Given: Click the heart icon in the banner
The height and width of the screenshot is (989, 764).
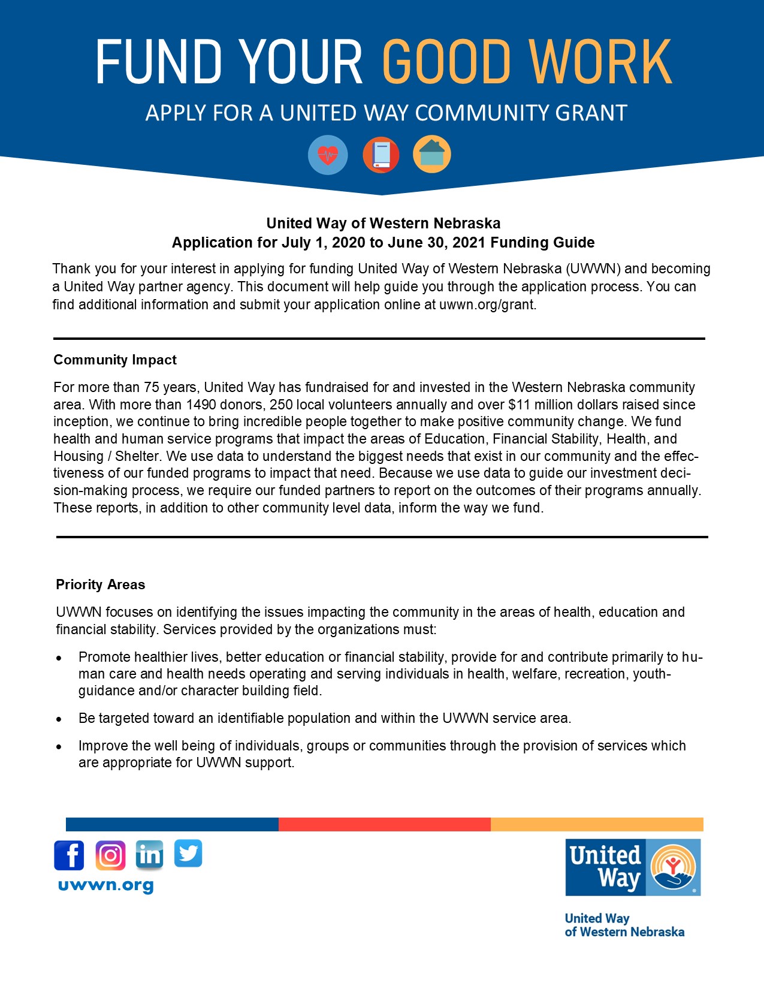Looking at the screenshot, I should [328, 155].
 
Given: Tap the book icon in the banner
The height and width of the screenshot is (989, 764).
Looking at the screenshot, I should [381, 155].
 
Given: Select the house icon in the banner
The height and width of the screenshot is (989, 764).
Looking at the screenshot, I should [432, 155].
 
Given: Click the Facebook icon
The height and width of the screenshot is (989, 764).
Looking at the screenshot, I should [69, 855].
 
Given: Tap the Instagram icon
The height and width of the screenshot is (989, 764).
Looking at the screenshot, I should [110, 855].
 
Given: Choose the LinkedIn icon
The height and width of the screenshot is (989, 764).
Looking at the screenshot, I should [149, 855].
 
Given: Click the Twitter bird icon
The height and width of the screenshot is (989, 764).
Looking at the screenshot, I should [188, 854].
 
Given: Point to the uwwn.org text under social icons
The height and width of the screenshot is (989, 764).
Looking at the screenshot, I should [106, 885].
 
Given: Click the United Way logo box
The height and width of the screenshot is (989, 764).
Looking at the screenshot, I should [633, 867].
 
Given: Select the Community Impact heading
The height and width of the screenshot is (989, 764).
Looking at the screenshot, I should [115, 360].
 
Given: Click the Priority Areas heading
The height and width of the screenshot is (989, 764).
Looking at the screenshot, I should [101, 584].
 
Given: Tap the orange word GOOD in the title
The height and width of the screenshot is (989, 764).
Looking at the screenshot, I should [447, 62].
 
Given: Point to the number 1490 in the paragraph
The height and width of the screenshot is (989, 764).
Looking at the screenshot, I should [201, 405].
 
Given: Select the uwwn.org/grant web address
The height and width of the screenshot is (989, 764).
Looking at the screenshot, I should [487, 304].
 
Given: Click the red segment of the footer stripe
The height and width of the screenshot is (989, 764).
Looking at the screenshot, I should [385, 824].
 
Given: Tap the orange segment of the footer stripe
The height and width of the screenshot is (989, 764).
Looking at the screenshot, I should [597, 824].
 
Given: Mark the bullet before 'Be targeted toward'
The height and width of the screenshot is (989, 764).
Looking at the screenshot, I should [59, 719].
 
